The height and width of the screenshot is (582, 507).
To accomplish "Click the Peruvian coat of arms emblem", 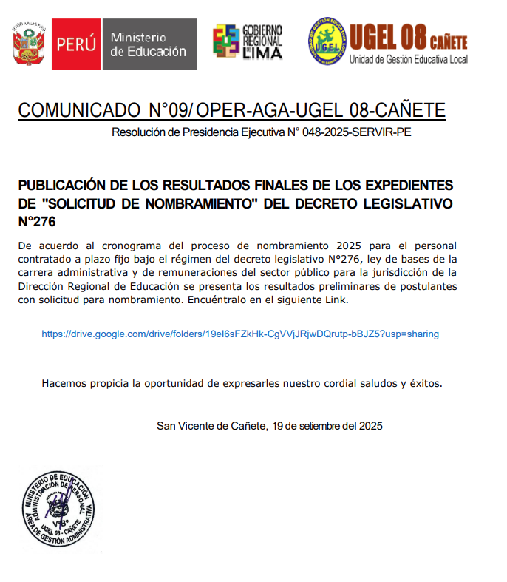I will [28, 44].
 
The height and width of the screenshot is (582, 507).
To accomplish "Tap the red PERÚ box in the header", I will [75, 44].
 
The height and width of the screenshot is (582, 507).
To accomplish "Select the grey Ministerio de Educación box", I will [148, 44].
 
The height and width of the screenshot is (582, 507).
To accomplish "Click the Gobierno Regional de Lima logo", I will [248, 41].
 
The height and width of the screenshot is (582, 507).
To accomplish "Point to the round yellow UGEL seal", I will [327, 41].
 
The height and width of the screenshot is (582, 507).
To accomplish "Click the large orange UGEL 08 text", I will [395, 35].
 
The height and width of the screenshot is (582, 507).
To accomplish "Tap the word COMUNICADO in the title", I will [78, 111].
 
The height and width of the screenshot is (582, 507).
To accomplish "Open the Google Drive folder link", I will [240, 334].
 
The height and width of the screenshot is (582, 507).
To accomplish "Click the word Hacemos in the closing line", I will [64, 383].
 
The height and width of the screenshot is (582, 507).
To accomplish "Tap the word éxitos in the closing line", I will [425, 383].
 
